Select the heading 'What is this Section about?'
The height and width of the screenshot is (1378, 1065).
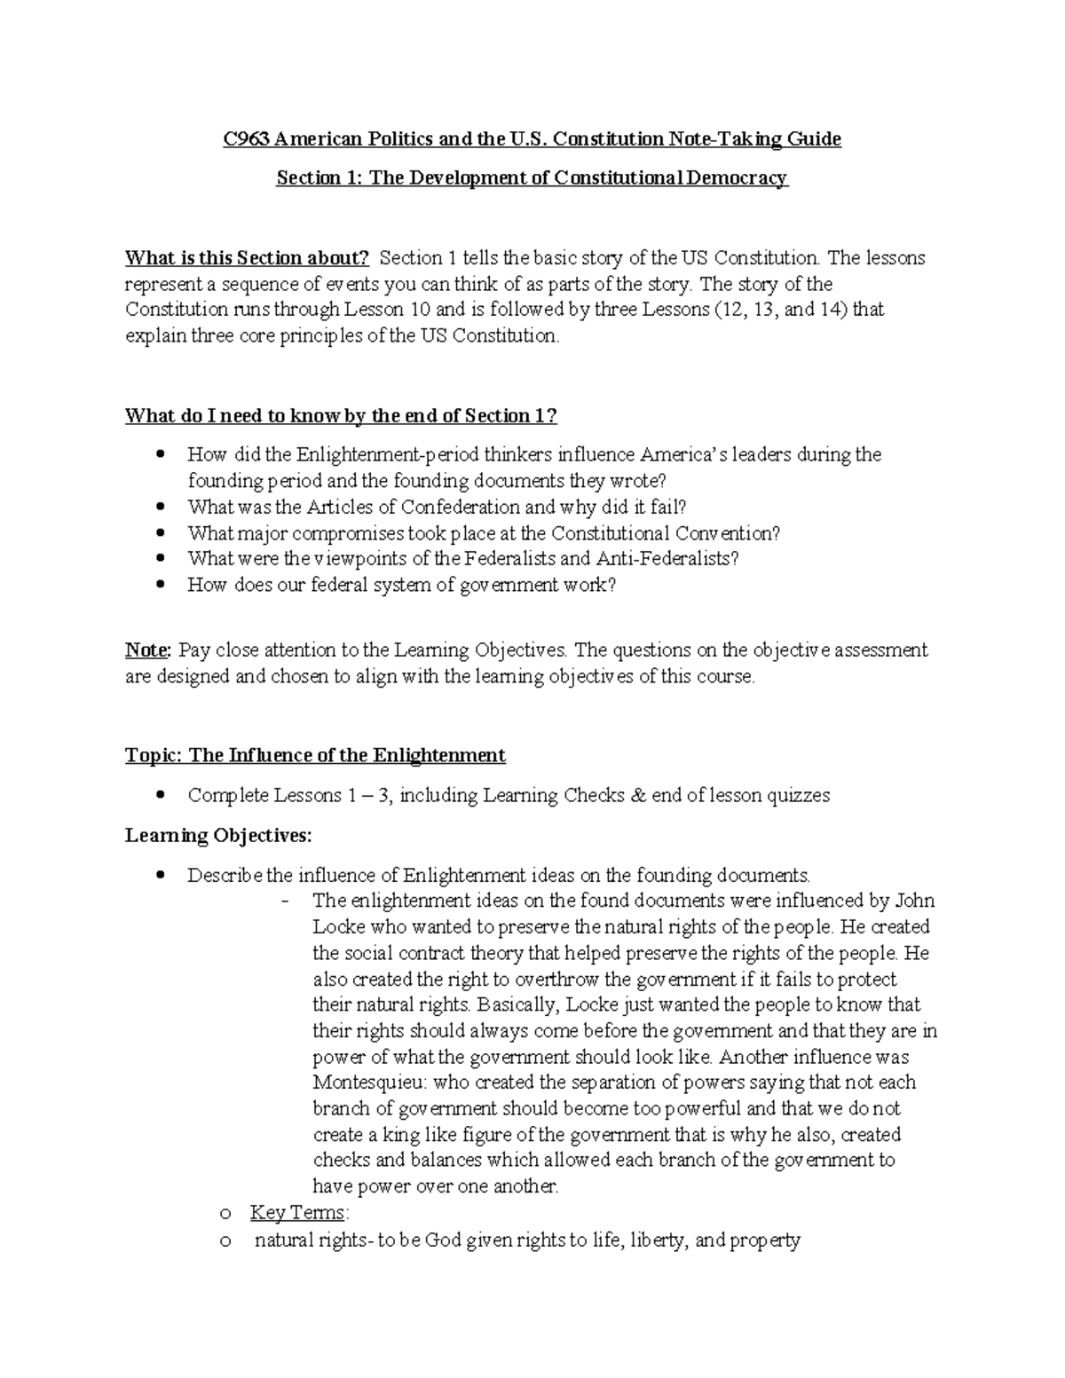tap(246, 258)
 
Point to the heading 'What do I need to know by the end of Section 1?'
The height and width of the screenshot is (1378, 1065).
tap(341, 416)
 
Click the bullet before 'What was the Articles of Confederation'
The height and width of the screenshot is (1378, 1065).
tap(160, 508)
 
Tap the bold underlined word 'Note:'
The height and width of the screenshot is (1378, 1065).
tap(146, 650)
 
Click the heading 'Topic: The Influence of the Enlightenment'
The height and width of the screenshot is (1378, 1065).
tap(315, 756)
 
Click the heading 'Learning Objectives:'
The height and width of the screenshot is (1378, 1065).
tap(218, 836)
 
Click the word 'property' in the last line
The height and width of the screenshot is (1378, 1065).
tap(764, 1240)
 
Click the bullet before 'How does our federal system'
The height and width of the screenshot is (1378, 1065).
tap(160, 586)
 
